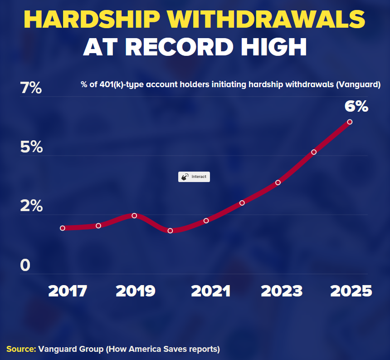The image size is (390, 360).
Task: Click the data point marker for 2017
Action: [x=63, y=228]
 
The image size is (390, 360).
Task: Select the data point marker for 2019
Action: [x=134, y=216]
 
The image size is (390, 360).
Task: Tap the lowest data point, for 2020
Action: [x=170, y=231]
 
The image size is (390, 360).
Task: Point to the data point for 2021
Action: [x=206, y=221]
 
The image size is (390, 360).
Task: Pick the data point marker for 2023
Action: [x=278, y=182]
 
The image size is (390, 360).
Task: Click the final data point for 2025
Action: [x=350, y=122]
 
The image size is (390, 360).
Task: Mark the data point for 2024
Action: [x=314, y=152]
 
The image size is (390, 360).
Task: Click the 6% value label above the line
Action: [x=356, y=106]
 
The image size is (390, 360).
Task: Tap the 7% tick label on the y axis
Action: [x=31, y=88]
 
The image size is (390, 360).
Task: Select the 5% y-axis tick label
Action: [x=31, y=147]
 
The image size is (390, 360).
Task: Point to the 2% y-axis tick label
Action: [x=31, y=206]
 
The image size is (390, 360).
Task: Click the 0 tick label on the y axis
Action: [x=25, y=266]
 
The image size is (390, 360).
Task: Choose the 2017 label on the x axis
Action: [x=68, y=291]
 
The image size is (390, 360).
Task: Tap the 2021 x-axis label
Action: [x=210, y=291]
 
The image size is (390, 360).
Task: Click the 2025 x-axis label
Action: [x=351, y=291]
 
